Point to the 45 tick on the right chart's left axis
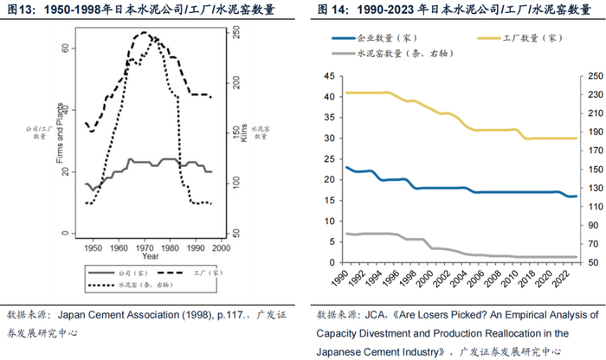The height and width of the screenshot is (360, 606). coord(327,75)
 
